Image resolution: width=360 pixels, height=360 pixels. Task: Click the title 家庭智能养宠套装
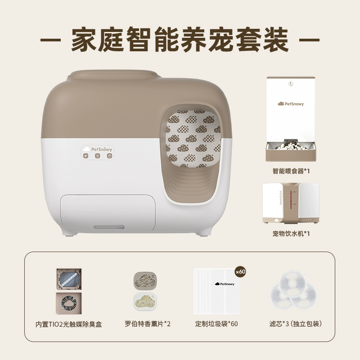[x=180, y=40]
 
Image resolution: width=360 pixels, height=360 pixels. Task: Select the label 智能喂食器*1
[x=291, y=171]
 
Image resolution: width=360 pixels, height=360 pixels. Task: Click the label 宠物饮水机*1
[x=291, y=234]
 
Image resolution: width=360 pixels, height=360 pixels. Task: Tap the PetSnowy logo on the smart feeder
[x=291, y=104]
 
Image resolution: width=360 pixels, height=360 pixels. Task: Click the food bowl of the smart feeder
[x=291, y=148]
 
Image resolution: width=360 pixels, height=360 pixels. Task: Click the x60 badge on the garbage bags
[x=241, y=272]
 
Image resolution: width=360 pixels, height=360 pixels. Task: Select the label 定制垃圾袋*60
[x=216, y=324]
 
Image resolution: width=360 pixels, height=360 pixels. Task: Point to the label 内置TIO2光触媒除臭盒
[x=69, y=324]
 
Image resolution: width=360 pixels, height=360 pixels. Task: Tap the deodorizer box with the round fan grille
[x=68, y=303]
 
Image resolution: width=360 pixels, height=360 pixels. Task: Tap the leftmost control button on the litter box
[x=85, y=156]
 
